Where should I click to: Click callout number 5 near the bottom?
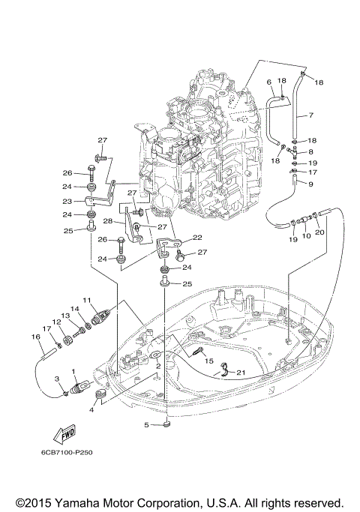(x=147, y=425)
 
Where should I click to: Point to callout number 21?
(x=240, y=373)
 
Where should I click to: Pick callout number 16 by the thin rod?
(x=35, y=337)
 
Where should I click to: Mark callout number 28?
(x=109, y=221)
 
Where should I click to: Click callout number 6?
(x=268, y=81)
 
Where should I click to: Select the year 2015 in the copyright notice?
(x=28, y=502)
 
